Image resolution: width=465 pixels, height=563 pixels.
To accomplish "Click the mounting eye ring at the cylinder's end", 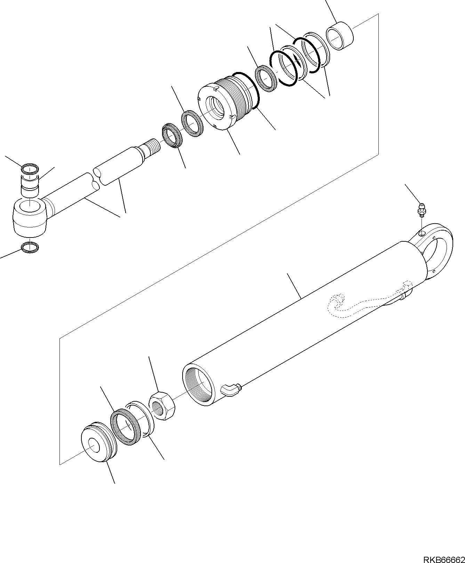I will point(439,250).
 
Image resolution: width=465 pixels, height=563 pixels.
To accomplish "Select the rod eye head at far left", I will point(30,216).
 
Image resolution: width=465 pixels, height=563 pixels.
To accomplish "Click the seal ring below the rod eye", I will point(30,247).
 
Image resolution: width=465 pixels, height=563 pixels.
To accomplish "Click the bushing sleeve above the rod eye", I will point(30,185).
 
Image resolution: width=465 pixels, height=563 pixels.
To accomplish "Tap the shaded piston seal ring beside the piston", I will point(125,427).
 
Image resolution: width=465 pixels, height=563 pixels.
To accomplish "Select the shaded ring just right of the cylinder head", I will point(266,79).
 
